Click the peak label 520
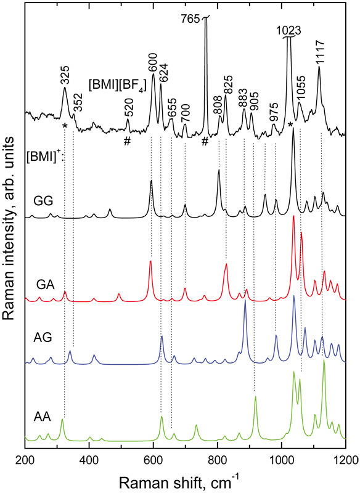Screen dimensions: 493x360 pyautogui.click(x=128, y=107)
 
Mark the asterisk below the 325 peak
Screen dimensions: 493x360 pyautogui.click(x=65, y=126)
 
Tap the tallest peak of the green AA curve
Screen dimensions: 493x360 pyautogui.click(x=324, y=361)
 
